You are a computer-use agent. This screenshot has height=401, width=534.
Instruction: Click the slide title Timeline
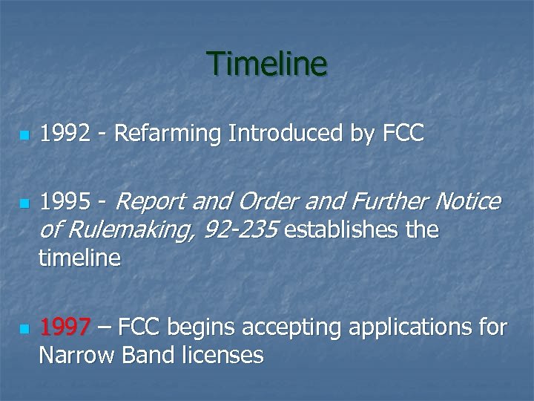coord(267,64)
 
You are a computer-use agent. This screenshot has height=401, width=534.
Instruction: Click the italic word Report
coord(155,202)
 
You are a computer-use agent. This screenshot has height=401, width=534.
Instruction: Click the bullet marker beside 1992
coord(24,137)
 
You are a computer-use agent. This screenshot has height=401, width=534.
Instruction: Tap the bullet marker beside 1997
coord(24,328)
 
